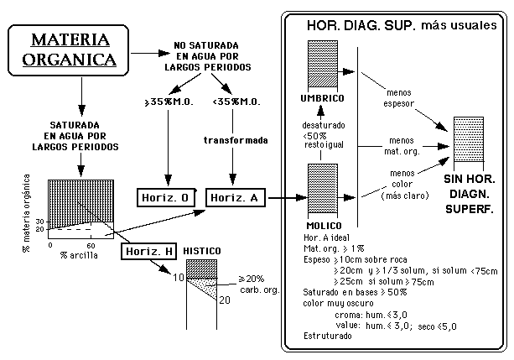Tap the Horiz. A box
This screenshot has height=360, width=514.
235,198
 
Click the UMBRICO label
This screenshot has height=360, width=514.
322,98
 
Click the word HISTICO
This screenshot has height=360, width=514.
202,251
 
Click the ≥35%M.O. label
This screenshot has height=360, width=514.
166,101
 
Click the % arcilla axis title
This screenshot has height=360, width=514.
80,254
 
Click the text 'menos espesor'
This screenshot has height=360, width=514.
397,97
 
